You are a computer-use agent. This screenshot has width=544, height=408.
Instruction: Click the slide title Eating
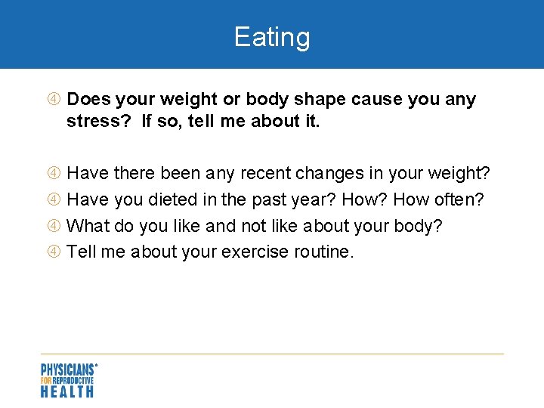click(x=272, y=37)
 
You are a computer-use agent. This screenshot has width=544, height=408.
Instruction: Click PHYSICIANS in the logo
click(x=67, y=369)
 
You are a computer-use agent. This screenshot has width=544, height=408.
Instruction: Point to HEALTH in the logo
click(x=67, y=391)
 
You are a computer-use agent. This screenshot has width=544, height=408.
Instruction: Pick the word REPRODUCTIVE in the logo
click(x=74, y=380)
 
